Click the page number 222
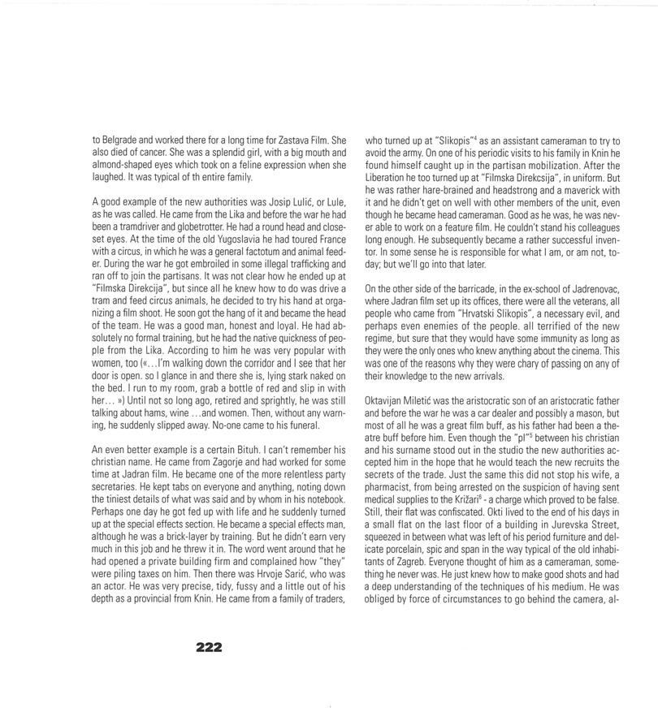(x=209, y=647)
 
